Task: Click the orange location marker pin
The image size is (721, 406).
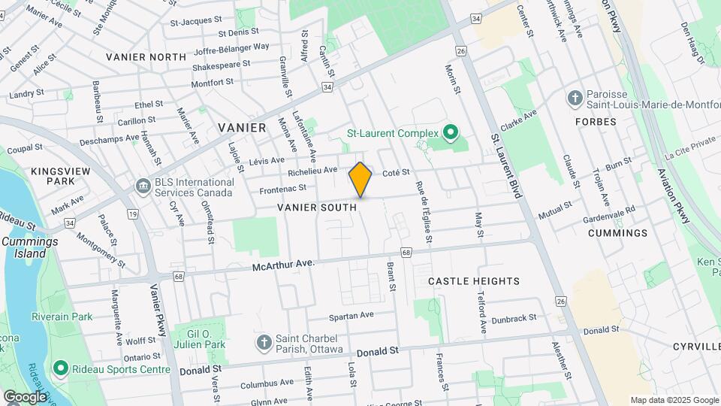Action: [360, 180]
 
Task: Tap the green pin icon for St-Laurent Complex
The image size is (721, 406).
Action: [450, 133]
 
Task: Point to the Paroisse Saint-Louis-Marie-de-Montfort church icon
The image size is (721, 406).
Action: [575, 98]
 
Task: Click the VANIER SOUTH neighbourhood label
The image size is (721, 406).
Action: [316, 207]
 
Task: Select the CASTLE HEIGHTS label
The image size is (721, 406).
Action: [473, 281]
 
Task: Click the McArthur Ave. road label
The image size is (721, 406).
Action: [282, 265]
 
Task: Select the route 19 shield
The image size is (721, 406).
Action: [133, 214]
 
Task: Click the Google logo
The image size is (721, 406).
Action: [24, 396]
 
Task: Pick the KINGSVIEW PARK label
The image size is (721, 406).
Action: [53, 177]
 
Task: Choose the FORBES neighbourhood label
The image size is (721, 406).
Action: [596, 121]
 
